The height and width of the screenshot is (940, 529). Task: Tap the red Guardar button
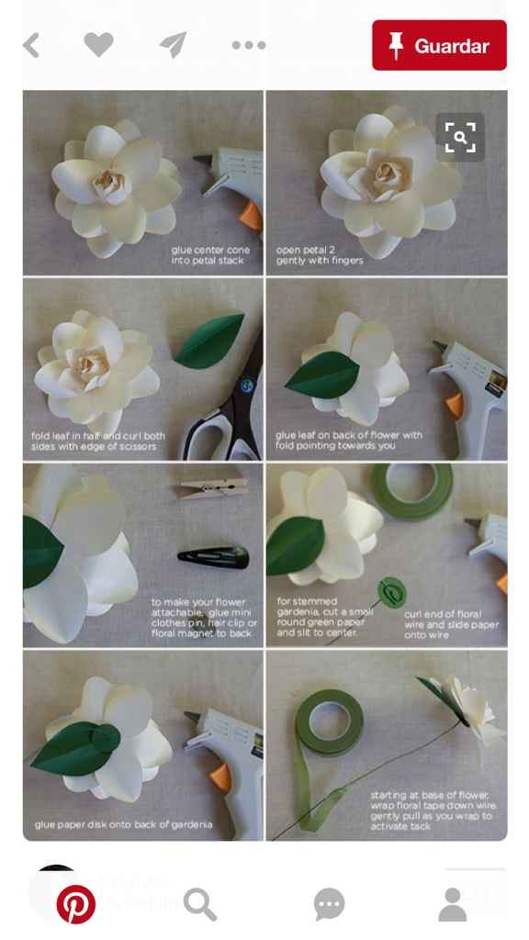(x=439, y=45)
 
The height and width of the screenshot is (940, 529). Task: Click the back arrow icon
(x=31, y=45)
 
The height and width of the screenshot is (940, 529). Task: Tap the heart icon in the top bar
(x=98, y=44)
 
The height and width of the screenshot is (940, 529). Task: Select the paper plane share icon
(x=174, y=45)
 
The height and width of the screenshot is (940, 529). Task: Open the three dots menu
(x=249, y=45)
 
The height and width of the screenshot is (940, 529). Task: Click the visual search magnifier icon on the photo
(x=460, y=138)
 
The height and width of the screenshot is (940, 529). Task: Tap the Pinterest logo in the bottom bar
(x=75, y=904)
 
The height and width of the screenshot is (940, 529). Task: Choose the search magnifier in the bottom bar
(x=199, y=904)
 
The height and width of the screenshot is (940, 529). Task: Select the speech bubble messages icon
(x=329, y=904)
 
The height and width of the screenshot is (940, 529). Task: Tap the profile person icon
(x=452, y=904)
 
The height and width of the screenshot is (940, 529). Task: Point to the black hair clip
(x=213, y=556)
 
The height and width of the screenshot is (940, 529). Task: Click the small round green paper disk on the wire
(x=392, y=592)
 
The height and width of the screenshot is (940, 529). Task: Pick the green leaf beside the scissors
(x=209, y=341)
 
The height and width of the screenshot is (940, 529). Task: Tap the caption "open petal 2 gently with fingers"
(x=319, y=255)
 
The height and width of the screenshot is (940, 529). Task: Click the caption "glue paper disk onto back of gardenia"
(x=124, y=824)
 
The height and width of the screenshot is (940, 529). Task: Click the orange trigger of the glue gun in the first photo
(x=252, y=215)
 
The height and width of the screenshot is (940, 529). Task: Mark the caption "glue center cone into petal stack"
(x=210, y=255)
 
